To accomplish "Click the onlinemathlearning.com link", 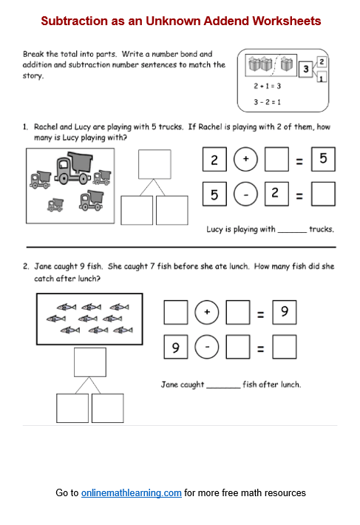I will [x=132, y=492].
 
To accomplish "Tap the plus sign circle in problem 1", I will [x=245, y=159].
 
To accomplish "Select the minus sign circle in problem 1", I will [x=245, y=194].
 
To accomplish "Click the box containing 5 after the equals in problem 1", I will [x=323, y=159].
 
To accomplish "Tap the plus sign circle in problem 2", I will [x=207, y=313].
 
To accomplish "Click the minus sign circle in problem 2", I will [x=207, y=347].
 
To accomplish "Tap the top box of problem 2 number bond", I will [x=90, y=362].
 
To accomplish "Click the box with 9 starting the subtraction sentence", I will [x=175, y=347].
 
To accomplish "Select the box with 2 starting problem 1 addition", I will [x=214, y=159].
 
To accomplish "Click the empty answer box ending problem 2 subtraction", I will [x=285, y=347].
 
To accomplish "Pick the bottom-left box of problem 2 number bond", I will [x=72, y=408].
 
